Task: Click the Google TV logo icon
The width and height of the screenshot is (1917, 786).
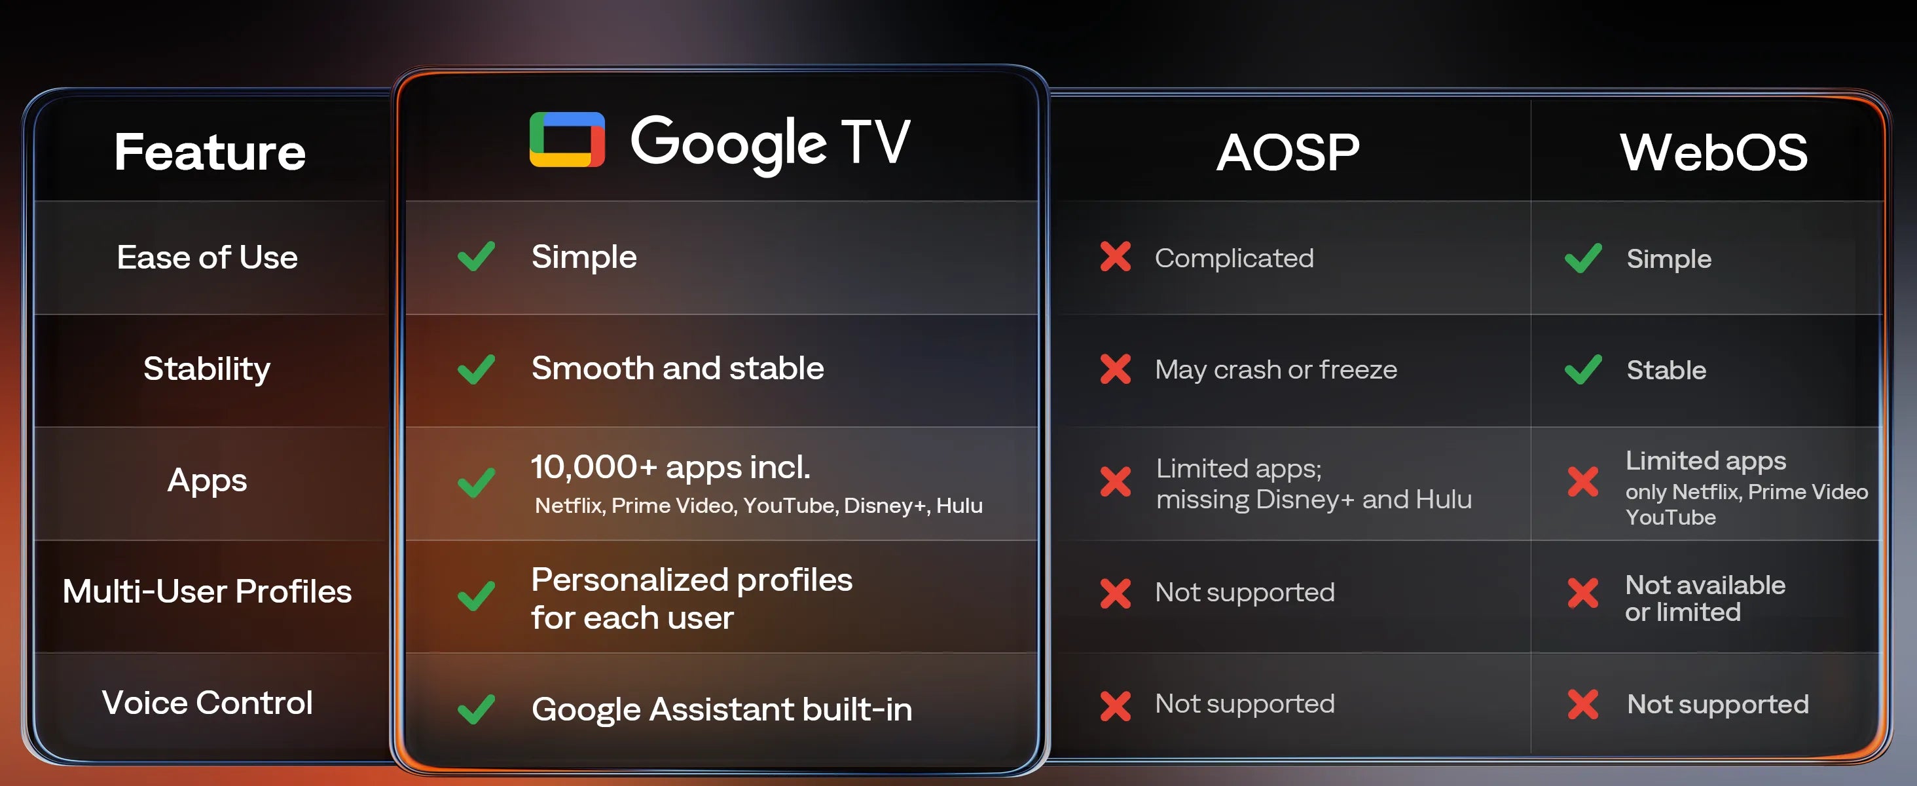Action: [567, 139]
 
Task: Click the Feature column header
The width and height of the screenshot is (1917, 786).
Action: [210, 152]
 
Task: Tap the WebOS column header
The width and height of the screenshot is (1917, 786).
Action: [1713, 153]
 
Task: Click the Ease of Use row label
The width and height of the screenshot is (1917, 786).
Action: [207, 257]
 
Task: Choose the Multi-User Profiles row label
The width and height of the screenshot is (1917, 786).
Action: [207, 591]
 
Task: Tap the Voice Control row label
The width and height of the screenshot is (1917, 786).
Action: [207, 703]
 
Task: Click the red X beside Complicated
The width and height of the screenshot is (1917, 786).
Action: [1116, 257]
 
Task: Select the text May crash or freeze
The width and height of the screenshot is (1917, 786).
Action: [1275, 370]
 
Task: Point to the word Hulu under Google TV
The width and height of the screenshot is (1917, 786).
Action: [959, 506]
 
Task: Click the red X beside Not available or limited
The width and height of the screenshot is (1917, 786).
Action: [1583, 593]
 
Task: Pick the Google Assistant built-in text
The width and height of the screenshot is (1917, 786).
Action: [722, 709]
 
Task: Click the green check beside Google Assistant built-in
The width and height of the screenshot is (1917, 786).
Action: [476, 709]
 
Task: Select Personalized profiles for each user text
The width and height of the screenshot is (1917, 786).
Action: [692, 599]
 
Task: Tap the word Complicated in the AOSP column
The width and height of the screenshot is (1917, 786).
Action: [1234, 258]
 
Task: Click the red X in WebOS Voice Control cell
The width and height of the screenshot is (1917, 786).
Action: [1583, 704]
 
